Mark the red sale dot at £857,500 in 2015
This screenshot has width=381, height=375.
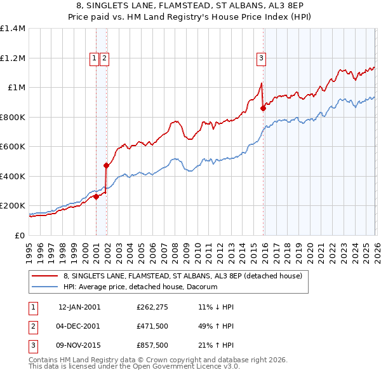point(264,109)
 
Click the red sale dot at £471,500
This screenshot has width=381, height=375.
point(106,166)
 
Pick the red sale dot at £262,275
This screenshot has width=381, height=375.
point(96,196)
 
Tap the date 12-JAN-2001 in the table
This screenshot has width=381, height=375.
point(79,306)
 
